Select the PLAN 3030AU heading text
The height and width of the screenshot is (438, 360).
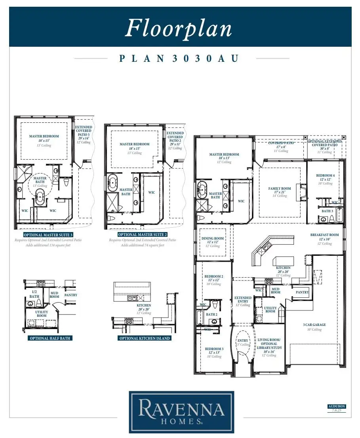tap(179, 59)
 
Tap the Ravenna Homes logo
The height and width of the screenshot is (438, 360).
tap(181, 412)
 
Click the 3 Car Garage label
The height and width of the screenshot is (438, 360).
tap(315, 325)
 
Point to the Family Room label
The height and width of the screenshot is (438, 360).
tap(280, 189)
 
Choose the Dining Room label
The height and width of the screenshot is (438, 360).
tap(213, 238)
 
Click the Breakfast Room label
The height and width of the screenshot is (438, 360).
tap(324, 235)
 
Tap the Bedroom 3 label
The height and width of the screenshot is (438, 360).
tap(214, 349)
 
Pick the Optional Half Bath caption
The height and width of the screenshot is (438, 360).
tap(50, 338)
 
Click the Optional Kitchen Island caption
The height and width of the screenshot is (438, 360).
tap(145, 338)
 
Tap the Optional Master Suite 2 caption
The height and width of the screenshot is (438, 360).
tap(142, 235)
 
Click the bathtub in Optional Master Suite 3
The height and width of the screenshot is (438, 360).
tap(40, 197)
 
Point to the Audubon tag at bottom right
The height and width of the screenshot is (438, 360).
tap(336, 406)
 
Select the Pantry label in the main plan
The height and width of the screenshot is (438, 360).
tap(302, 292)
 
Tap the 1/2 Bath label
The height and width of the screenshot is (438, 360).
tap(34, 294)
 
